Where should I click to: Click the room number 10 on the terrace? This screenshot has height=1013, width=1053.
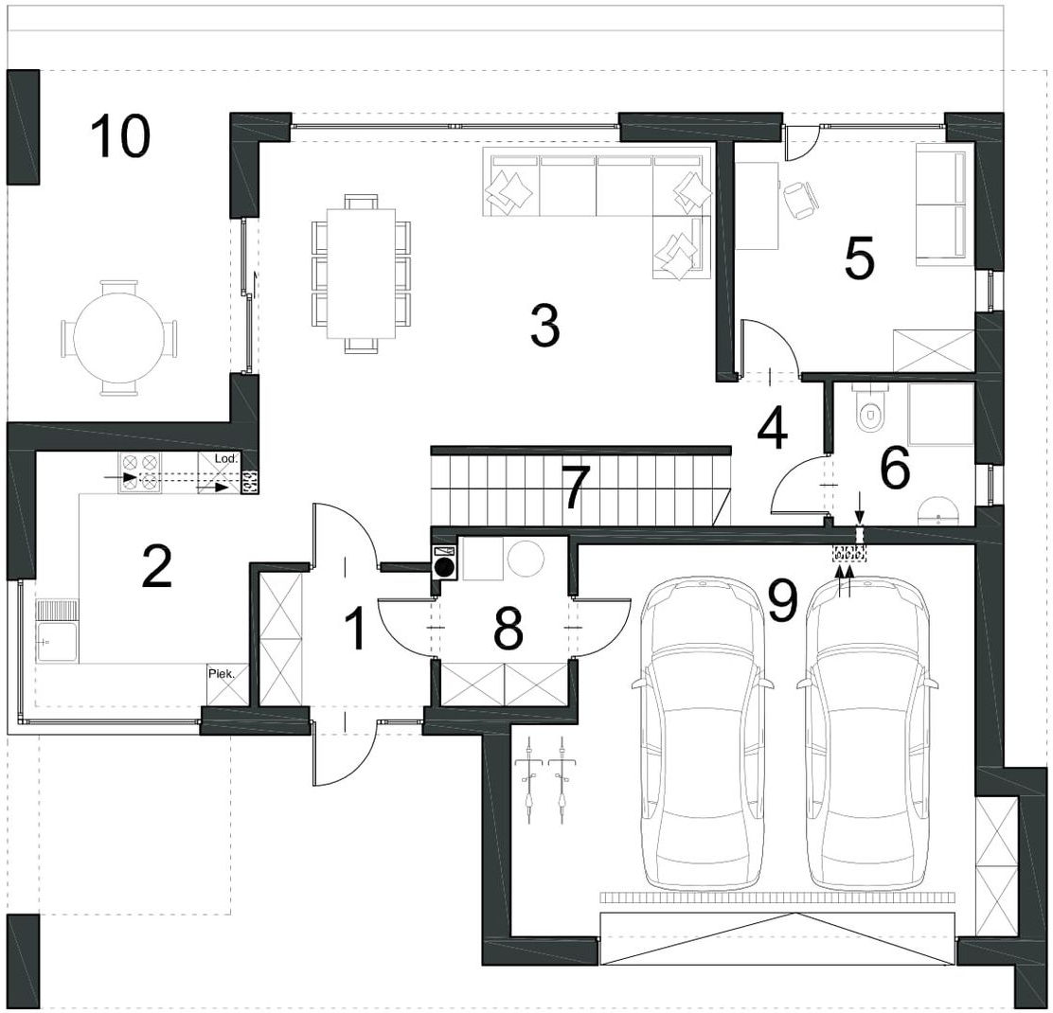click(x=120, y=136)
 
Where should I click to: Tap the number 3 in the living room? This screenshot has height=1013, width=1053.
click(x=544, y=325)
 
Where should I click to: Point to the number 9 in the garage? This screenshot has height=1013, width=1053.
click(x=783, y=599)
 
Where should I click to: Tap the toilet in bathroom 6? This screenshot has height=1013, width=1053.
click(x=870, y=411)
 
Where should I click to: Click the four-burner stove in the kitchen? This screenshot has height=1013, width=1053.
click(x=140, y=472)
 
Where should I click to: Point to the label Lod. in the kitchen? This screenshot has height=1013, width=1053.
click(x=225, y=458)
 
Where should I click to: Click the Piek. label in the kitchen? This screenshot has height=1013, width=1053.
click(x=222, y=674)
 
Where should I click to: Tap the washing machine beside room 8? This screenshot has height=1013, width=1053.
click(x=444, y=561)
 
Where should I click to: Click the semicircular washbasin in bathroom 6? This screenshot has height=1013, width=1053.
click(x=938, y=509)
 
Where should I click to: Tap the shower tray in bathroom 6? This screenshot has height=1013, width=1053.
click(x=940, y=415)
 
